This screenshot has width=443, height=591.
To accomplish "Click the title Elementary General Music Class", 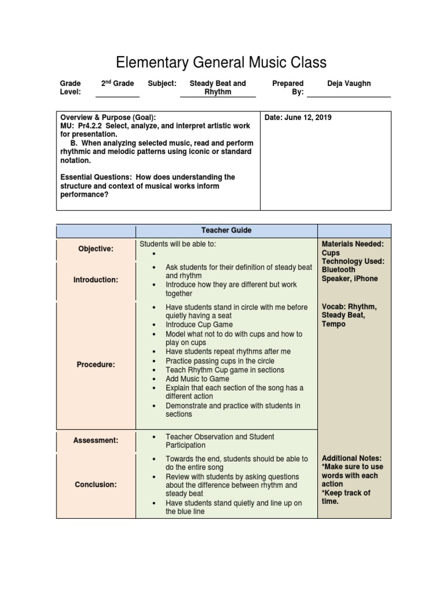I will pos(221,62).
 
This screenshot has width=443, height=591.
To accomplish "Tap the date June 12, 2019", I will pos(298,118).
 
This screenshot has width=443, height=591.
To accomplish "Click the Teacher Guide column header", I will pos(226,230).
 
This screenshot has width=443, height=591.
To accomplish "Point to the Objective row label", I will pos(96,249).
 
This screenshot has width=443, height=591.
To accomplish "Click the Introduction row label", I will pos(96,280).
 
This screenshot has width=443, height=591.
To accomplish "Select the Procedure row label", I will pos(96,365).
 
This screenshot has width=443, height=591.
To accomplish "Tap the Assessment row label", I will pos(96,441).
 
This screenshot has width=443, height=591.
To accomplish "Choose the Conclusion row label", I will pos(96,485).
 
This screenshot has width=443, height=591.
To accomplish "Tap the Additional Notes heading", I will pos(352,458).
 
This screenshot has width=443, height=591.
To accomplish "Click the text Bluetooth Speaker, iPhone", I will pos(350,274).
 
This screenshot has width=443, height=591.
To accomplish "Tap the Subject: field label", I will pos(162,84).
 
